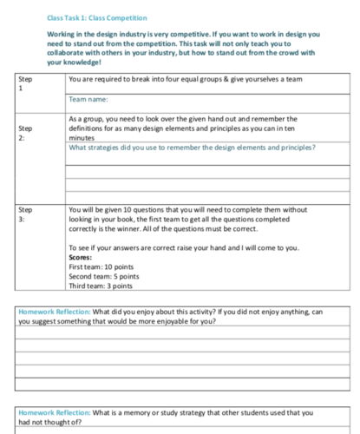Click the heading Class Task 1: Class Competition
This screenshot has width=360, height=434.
(x=97, y=17)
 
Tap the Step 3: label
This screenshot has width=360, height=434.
(x=26, y=214)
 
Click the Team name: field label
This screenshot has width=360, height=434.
(x=89, y=101)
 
